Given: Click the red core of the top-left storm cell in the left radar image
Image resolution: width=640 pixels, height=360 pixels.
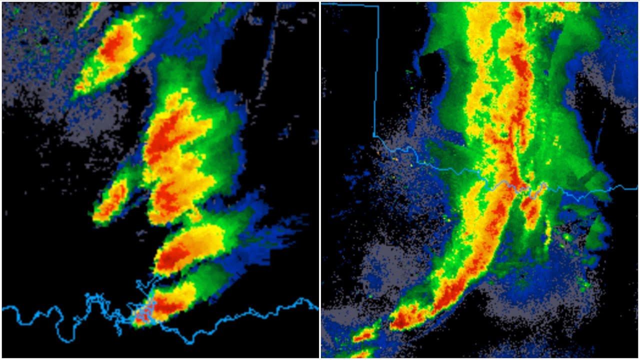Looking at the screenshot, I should tap(114, 47).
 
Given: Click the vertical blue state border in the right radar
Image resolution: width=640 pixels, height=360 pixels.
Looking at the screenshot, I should tap(376, 75).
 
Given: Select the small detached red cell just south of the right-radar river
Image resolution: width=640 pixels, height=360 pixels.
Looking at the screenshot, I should tap(530, 210).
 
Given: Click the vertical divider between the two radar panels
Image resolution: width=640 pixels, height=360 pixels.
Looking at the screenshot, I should tap(320, 180).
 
